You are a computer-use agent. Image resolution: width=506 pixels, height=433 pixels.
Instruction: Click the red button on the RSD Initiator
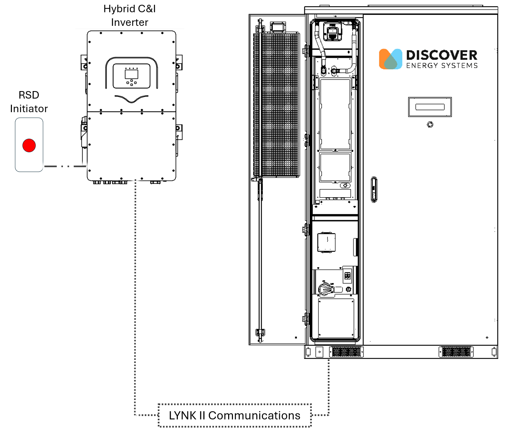pyautogui.click(x=29, y=145)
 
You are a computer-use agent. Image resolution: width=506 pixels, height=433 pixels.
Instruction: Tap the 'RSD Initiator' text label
pyautogui.click(x=29, y=102)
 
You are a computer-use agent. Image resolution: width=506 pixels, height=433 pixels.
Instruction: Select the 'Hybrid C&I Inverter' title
pyautogui.click(x=130, y=16)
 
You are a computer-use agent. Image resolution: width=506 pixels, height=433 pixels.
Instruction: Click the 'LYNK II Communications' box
pyautogui.click(x=235, y=415)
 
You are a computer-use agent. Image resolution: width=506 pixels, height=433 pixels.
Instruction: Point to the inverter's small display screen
pyautogui.click(x=132, y=74)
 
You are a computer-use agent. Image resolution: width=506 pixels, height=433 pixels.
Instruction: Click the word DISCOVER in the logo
pyautogui.click(x=442, y=55)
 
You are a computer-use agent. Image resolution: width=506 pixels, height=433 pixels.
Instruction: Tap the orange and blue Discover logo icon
pyautogui.click(x=390, y=59)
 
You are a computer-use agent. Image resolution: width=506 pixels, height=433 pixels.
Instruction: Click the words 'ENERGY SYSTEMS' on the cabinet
pyautogui.click(x=442, y=66)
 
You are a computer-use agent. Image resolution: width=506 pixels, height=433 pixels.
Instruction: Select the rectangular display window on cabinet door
pyautogui.click(x=430, y=107)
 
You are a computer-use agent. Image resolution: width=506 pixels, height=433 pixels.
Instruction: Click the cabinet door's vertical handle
pyautogui.click(x=374, y=189)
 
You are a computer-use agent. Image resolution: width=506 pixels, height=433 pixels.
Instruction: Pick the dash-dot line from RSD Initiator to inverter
pyautogui.click(x=65, y=166)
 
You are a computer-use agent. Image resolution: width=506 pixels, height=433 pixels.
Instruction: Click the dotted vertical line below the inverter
pyautogui.click(x=135, y=289)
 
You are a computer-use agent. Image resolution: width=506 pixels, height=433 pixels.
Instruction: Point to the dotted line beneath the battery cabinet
pyautogui.click(x=328, y=384)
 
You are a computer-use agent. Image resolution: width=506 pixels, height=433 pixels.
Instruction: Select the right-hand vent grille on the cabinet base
pyautogui.click(x=456, y=352)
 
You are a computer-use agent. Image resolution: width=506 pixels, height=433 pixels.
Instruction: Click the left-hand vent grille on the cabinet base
pyautogui.click(x=346, y=352)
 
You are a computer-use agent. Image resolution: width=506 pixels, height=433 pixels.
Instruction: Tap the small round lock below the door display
pyautogui.click(x=430, y=125)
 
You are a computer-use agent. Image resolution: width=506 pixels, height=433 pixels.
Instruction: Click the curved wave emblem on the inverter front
pyautogui.click(x=131, y=98)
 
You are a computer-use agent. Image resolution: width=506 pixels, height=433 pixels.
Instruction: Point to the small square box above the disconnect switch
pyautogui.click(x=326, y=242)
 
